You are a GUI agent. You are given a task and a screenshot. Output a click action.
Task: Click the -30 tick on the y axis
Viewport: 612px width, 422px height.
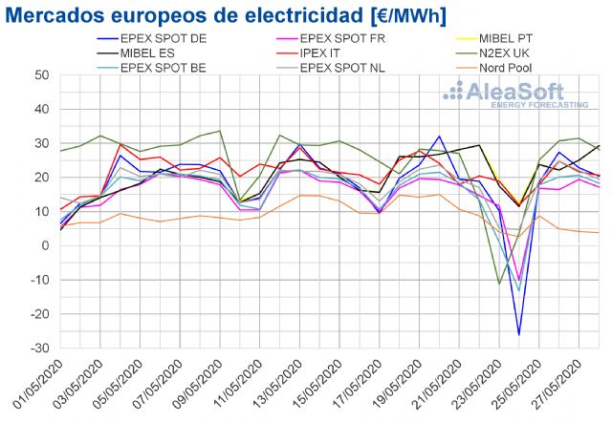click(x=39, y=348)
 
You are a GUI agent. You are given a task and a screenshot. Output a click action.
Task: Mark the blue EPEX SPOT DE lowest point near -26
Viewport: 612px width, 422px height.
click(x=519, y=334)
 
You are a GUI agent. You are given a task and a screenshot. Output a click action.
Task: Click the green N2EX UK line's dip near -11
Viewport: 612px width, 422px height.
click(x=499, y=284)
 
